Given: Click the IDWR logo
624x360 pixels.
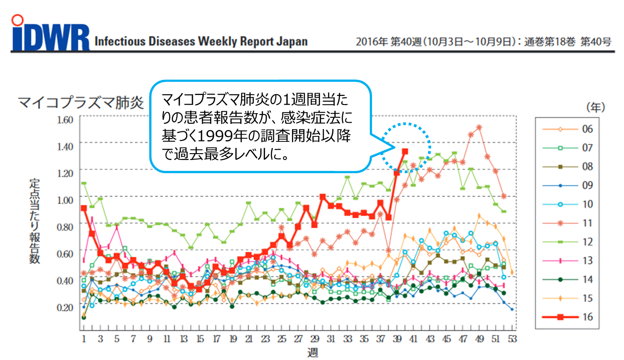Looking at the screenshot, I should pos(50,34).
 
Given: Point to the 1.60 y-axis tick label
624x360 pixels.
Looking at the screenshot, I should pos(65,120).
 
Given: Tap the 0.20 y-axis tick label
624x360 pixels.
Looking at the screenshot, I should pos(65,307).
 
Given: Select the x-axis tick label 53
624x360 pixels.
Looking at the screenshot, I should pos(513,339).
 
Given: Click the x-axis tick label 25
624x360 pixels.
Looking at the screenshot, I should pos(282,339).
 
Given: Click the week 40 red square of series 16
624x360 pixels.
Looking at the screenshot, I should pos(404,151).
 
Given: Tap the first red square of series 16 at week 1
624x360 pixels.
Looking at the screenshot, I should pos(84,208).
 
